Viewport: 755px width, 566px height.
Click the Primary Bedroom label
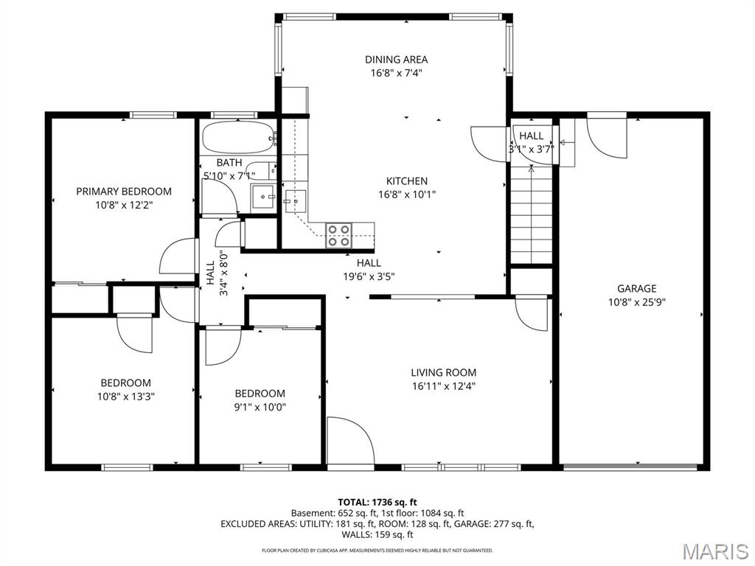pyautogui.click(x=124, y=191)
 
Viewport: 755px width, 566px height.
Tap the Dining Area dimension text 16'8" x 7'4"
pyautogui.click(x=396, y=73)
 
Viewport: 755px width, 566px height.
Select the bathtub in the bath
pyautogui.click(x=237, y=137)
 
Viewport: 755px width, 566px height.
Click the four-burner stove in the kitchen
pyautogui.click(x=339, y=235)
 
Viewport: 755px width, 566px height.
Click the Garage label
pyautogui.click(x=636, y=289)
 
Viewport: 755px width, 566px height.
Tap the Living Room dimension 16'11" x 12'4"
pyautogui.click(x=444, y=385)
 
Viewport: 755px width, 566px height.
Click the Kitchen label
pyautogui.click(x=407, y=181)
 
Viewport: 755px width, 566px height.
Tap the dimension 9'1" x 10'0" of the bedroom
pyautogui.click(x=260, y=406)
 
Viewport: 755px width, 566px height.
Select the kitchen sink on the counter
pyautogui.click(x=296, y=198)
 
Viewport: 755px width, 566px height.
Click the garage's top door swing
pyautogui.click(x=606, y=138)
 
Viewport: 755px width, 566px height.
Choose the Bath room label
pyautogui.click(x=229, y=163)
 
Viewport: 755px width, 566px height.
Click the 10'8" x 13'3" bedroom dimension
pyautogui.click(x=126, y=396)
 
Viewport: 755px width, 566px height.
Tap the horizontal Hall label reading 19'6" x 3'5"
pyautogui.click(x=369, y=270)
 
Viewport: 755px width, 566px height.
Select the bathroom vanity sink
pyautogui.click(x=262, y=198)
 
